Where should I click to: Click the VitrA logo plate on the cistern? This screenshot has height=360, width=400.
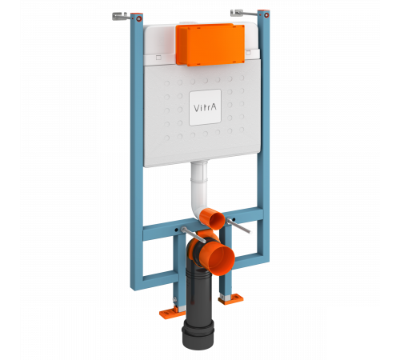[x=205, y=107]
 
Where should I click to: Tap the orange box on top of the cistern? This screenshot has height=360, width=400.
[x=210, y=45]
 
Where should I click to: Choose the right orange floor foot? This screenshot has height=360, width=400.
[x=231, y=298]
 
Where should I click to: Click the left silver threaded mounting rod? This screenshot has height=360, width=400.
[x=193, y=234]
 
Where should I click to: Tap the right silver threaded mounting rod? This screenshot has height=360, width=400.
[x=238, y=226]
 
